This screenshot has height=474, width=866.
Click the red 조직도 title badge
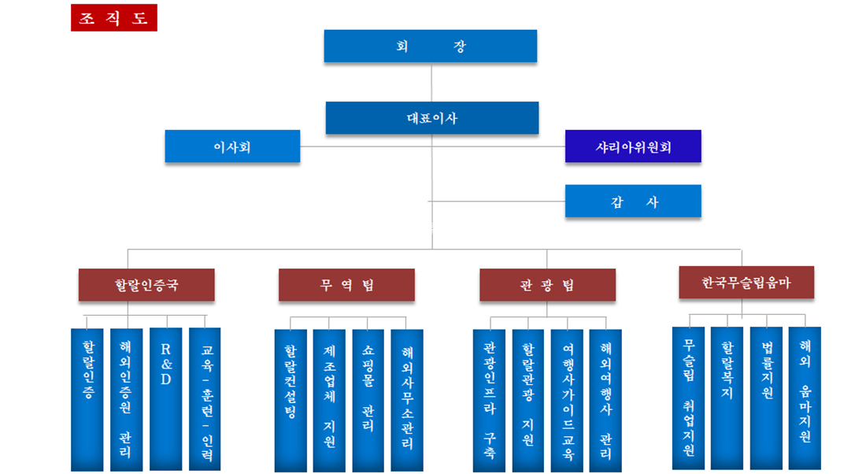[114, 17]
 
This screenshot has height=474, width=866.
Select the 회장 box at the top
[431, 46]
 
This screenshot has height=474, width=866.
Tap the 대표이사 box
[432, 118]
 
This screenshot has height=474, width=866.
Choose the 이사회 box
[232, 146]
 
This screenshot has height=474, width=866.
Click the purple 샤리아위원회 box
[633, 146]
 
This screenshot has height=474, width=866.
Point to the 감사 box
[633, 202]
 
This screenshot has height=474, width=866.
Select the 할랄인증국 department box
[146, 285]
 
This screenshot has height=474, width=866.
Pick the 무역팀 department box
[346, 285]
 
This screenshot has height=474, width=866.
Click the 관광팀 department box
[547, 285]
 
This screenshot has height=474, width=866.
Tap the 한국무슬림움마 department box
[746, 283]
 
